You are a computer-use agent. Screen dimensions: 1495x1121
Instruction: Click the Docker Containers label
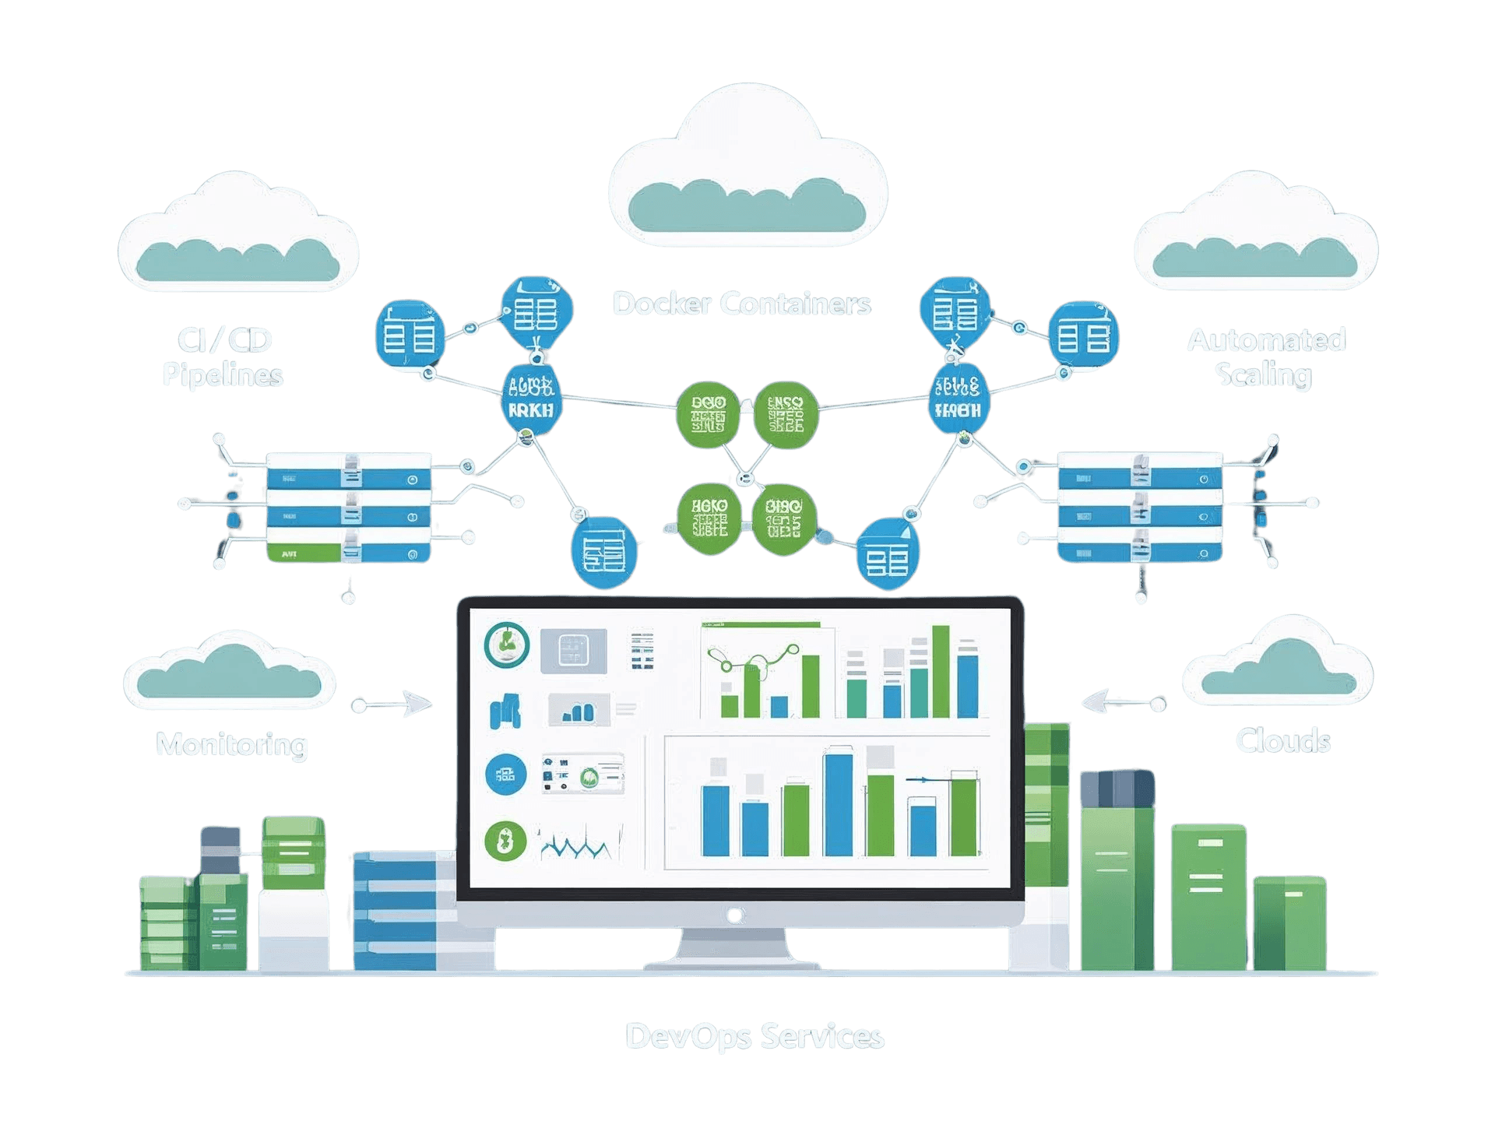(741, 304)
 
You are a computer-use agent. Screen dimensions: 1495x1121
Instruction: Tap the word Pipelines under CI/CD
(223, 375)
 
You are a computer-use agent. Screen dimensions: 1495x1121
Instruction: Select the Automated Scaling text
(1265, 357)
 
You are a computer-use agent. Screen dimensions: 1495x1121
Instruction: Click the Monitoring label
(232, 744)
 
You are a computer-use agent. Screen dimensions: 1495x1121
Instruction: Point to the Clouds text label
(1282, 740)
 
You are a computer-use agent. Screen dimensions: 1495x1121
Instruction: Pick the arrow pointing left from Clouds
(1121, 703)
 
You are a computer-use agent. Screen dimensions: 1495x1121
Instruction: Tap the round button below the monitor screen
(733, 915)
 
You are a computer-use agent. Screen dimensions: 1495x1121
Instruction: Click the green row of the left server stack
(304, 553)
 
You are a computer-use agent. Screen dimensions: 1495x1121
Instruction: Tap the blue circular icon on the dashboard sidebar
(505, 775)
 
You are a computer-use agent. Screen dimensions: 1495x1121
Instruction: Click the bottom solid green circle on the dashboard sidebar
(505, 842)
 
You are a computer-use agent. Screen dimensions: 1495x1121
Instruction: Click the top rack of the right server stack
(1139, 470)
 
